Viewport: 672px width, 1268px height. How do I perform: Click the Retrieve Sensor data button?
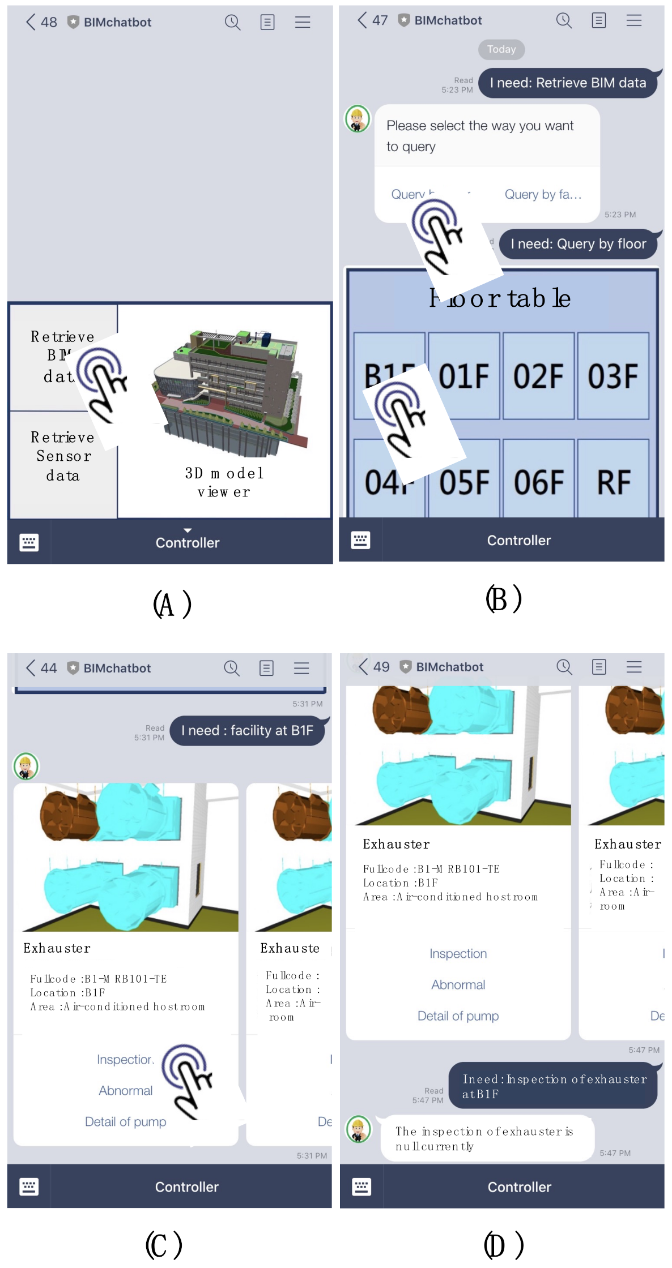63,456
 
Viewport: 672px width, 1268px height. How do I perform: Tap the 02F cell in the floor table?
538,376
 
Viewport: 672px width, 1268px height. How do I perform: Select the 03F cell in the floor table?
613,376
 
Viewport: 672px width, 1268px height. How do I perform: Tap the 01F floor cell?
464,376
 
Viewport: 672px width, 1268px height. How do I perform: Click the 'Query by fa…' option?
543,195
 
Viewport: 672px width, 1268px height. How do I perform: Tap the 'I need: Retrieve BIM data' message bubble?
568,83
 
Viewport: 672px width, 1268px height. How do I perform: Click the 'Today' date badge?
501,49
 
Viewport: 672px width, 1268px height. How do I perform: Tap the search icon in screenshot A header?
232,22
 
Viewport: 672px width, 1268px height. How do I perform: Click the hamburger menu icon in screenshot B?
633,20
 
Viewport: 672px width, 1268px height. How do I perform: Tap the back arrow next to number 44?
31,668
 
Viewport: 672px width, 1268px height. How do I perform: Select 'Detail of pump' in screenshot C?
125,1122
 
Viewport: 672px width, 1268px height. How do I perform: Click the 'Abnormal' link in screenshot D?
458,985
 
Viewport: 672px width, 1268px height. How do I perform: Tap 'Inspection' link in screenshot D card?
458,954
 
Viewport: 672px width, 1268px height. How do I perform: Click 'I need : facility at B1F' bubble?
247,731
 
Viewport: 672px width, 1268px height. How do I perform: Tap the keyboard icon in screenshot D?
361,1186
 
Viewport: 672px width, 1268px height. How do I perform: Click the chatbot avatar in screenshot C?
26,767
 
